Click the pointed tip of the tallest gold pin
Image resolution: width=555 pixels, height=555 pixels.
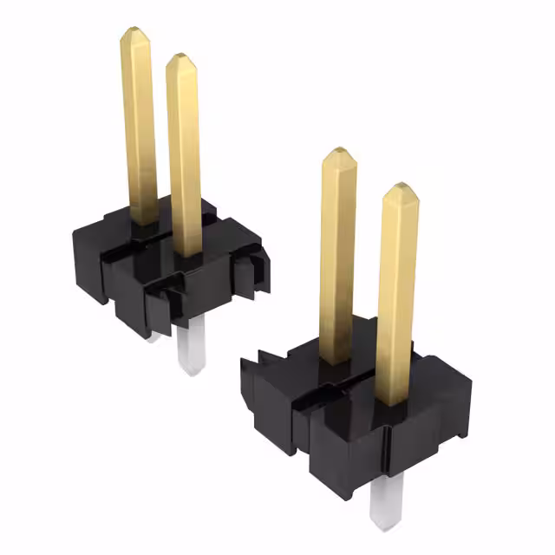coord(134,30)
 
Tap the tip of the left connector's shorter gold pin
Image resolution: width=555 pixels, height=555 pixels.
coord(181,57)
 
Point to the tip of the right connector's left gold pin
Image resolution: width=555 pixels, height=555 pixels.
coord(338,153)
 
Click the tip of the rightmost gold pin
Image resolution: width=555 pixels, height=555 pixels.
coord(399,187)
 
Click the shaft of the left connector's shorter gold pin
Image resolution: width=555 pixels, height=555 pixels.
coord(185,156)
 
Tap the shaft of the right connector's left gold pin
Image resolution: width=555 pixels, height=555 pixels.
coord(337,260)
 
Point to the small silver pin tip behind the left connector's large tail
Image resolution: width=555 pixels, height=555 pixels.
coord(153,336)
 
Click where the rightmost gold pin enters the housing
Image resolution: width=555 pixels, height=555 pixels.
coord(393,401)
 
